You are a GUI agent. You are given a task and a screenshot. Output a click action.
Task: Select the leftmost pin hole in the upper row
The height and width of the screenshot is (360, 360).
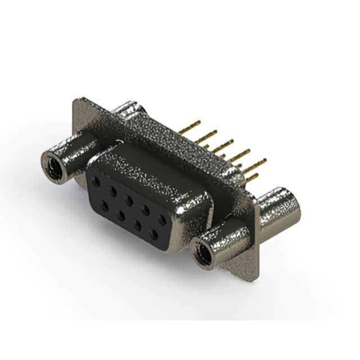point(96,182)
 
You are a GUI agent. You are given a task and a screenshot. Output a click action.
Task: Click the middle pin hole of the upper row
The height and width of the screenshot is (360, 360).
point(129,201)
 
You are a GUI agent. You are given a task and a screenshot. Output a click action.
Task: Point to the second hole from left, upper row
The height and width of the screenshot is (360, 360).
point(113,191)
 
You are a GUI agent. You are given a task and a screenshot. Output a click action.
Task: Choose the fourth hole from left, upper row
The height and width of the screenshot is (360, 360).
point(146,210)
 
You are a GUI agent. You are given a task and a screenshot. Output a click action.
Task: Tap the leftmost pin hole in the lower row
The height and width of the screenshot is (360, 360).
point(104,206)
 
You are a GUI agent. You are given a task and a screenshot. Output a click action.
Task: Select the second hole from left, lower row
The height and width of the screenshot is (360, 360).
point(120,215)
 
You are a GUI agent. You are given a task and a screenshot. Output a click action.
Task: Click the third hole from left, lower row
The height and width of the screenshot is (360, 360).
point(137,226)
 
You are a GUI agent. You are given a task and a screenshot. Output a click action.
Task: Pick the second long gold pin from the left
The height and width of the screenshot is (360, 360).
point(206,137)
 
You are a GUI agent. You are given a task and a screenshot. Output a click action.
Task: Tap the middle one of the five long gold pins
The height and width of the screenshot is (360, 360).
point(223,146)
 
